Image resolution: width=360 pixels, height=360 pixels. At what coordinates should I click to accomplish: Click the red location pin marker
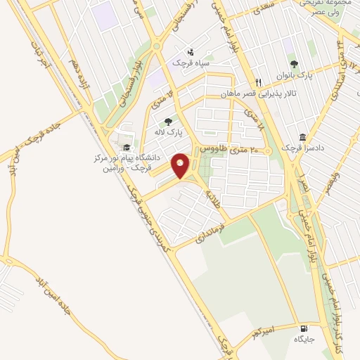tap(181, 166)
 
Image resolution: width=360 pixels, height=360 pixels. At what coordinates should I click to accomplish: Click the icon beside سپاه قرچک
tap(191, 51)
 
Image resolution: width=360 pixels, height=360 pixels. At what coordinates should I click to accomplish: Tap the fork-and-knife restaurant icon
tap(259, 82)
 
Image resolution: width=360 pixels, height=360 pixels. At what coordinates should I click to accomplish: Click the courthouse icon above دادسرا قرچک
tap(302, 136)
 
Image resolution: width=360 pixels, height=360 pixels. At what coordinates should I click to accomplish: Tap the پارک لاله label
tap(169, 131)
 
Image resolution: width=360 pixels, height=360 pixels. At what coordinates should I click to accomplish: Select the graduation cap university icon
tap(127, 148)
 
